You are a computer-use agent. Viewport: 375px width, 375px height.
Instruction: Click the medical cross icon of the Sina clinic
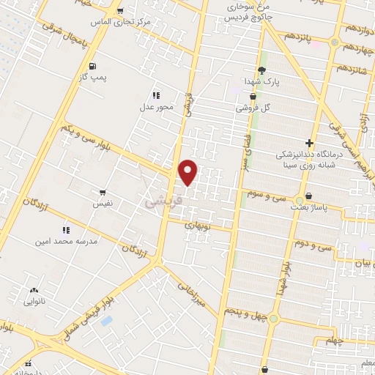(310, 144)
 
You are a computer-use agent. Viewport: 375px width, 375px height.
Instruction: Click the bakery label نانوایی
(34, 300)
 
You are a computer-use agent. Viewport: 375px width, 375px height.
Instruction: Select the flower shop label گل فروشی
(252, 108)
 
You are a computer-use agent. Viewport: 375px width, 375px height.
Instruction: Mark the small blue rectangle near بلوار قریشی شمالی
(107, 321)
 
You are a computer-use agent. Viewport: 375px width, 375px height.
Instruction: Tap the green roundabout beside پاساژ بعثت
(299, 200)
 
